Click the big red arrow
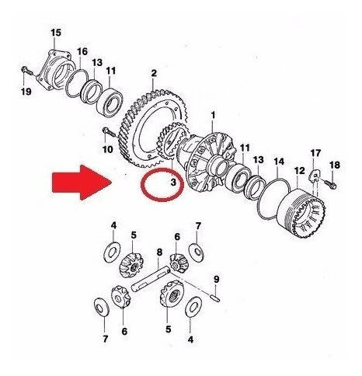82,183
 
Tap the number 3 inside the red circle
173,182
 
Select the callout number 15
56,33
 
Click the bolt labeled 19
26,70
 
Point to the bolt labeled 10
109,132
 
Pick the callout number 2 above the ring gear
154,73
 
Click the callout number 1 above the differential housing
213,116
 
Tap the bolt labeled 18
330,183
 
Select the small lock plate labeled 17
315,176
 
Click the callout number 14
279,162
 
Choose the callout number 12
300,171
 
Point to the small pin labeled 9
216,298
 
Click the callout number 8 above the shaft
159,252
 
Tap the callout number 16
82,51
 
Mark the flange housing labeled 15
54,70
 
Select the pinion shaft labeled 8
151,280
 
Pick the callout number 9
217,280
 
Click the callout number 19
26,92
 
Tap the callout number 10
108,149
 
